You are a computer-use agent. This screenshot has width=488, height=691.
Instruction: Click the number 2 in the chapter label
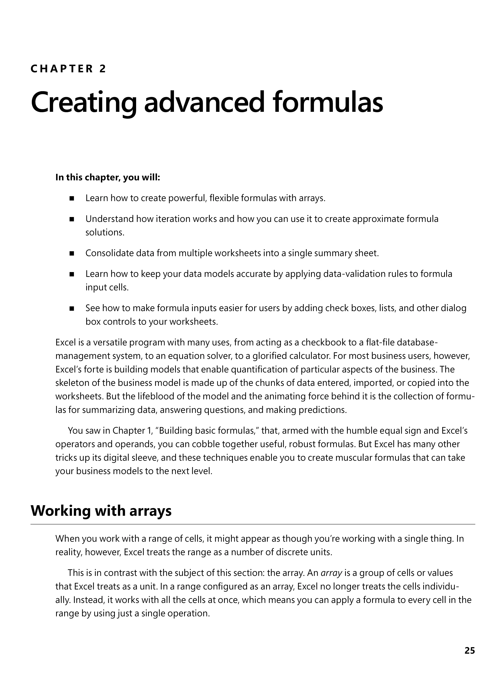click(103, 69)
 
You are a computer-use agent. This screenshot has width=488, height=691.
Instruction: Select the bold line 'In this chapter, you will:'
click(108, 178)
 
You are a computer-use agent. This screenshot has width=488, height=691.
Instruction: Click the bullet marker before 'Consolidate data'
click(72, 254)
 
